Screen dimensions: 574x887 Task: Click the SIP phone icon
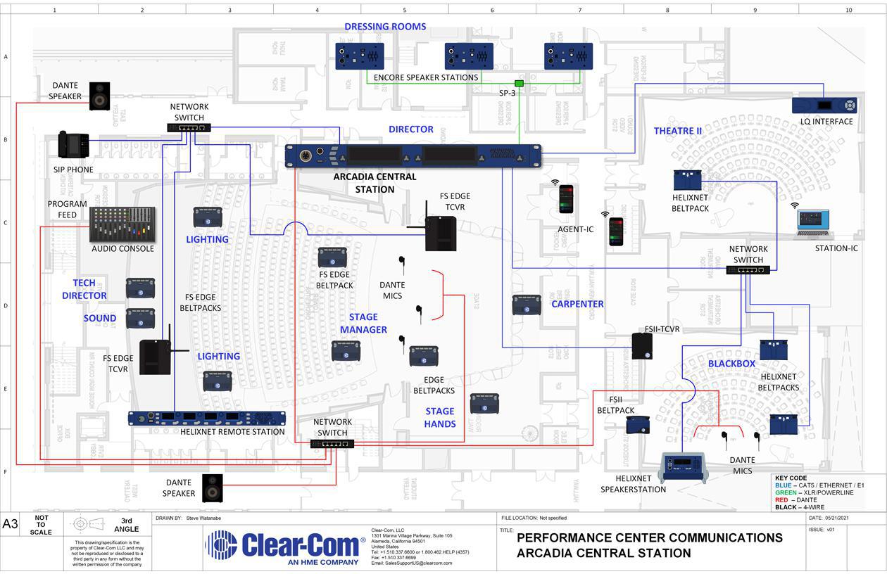73,145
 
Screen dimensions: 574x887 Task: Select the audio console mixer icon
122,225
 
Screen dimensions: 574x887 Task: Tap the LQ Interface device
824,106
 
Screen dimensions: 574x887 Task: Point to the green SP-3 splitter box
519,83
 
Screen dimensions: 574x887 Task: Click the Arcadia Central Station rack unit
413,155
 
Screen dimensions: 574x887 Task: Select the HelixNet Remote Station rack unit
206,418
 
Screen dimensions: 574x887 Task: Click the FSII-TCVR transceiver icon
642,346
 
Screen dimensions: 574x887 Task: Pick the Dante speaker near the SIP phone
99,96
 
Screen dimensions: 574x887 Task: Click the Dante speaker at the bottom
213,487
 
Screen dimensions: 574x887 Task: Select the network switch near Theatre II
748,269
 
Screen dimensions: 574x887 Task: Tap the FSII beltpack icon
638,425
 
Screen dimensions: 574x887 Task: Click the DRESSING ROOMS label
385,27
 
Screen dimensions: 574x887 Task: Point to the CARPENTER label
577,304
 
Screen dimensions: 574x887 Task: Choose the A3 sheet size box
11,524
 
